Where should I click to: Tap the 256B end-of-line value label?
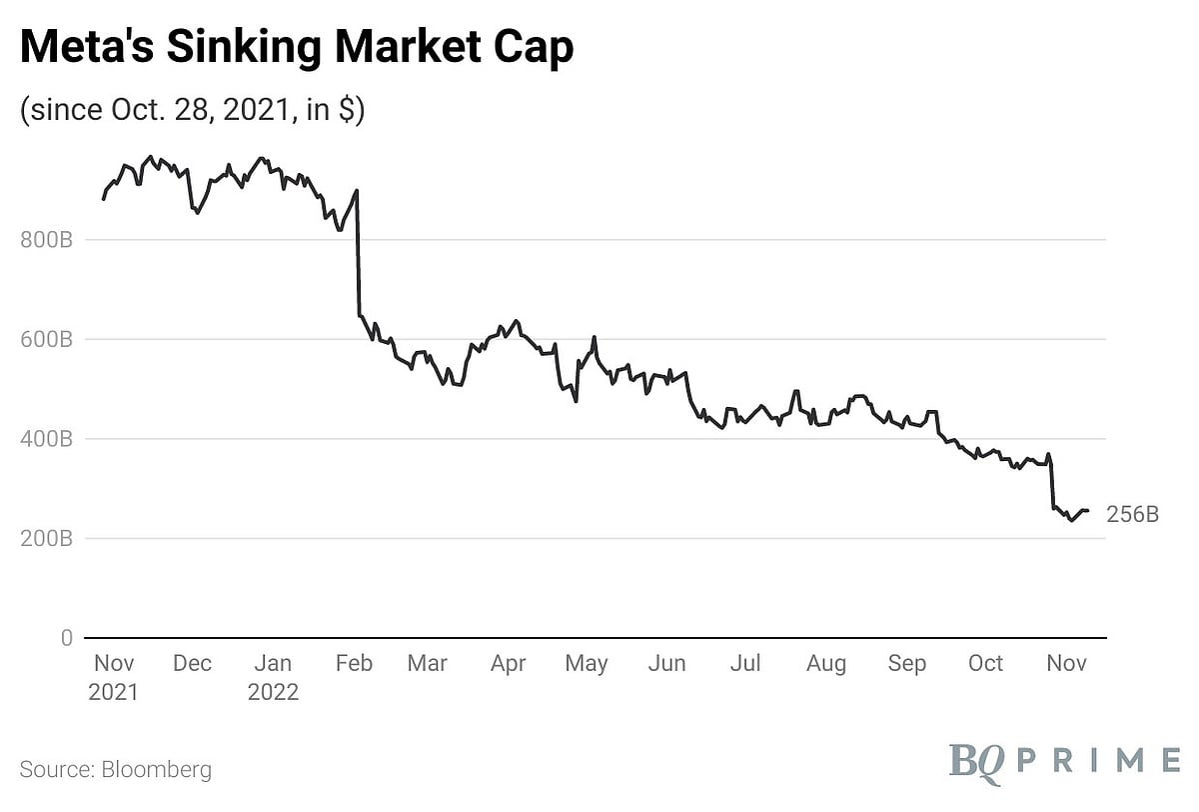pyautogui.click(x=1133, y=515)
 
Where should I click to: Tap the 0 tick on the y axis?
pyautogui.click(x=66, y=638)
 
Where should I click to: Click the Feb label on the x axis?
pyautogui.click(x=354, y=664)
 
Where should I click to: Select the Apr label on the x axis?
pyautogui.click(x=508, y=664)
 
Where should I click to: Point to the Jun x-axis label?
pyautogui.click(x=666, y=664)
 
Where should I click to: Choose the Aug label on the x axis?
pyautogui.click(x=826, y=664)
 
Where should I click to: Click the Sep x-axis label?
pyautogui.click(x=907, y=664)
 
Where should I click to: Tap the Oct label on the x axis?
pyautogui.click(x=986, y=664)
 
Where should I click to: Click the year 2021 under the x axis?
pyautogui.click(x=114, y=692)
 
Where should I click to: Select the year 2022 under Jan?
pyautogui.click(x=272, y=692)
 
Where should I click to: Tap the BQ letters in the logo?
pyautogui.click(x=976, y=760)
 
